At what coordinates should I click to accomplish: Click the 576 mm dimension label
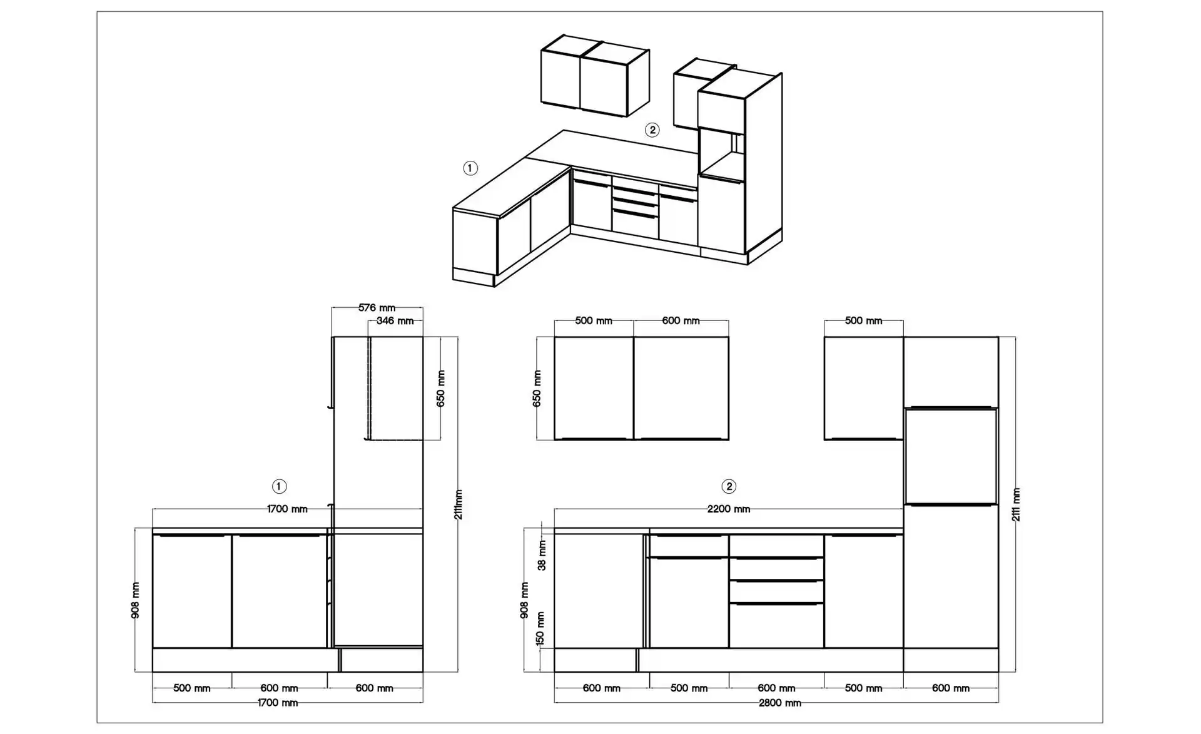[x=377, y=308]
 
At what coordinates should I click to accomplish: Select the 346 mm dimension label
[x=395, y=321]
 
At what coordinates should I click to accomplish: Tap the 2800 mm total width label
[x=779, y=703]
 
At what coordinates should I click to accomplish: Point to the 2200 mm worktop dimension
[x=729, y=509]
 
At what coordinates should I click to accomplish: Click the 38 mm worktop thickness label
[x=542, y=556]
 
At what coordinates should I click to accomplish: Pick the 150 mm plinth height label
[x=540, y=629]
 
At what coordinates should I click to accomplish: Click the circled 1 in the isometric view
[x=470, y=168]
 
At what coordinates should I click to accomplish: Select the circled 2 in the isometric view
[x=652, y=130]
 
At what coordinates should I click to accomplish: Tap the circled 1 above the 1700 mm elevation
[x=279, y=486]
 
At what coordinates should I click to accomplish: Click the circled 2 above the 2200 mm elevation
[x=728, y=486]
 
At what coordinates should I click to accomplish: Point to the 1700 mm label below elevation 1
[x=278, y=703]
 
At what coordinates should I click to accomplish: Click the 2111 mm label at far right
[x=1016, y=504]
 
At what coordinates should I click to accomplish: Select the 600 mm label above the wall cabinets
[x=681, y=321]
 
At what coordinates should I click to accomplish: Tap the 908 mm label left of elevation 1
[x=136, y=600]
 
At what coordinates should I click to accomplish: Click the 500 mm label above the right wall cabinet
[x=863, y=321]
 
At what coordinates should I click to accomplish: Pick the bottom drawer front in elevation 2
[x=776, y=626]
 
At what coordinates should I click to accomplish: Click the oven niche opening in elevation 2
[x=950, y=456]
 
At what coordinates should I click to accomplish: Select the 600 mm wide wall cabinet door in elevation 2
[x=681, y=388]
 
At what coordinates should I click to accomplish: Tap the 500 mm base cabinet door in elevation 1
[x=192, y=591]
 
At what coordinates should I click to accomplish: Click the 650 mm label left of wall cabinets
[x=537, y=389]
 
